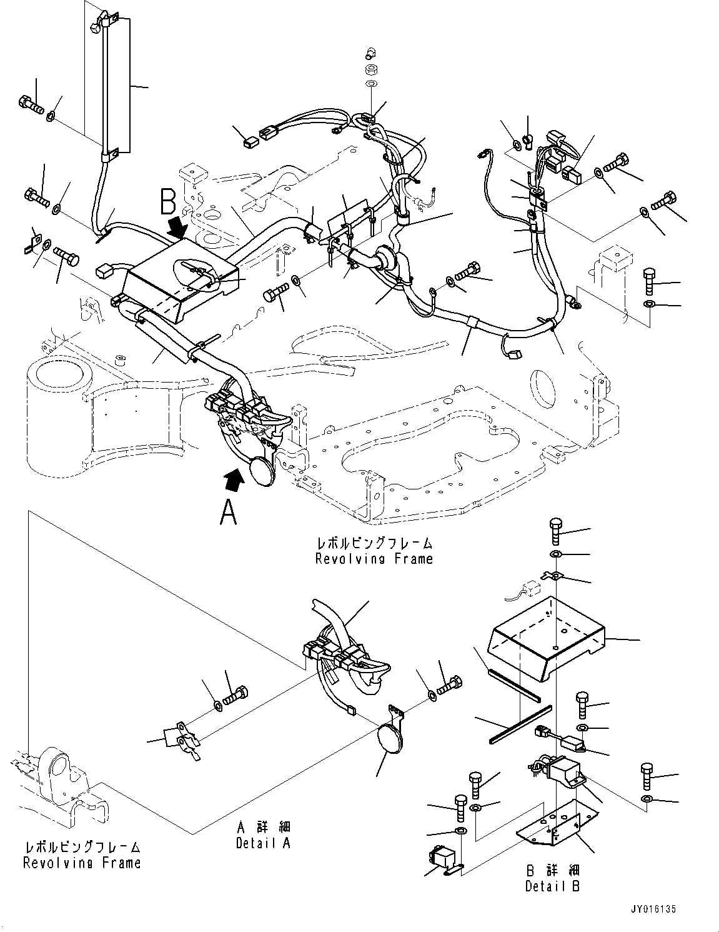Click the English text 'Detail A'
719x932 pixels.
click(x=263, y=843)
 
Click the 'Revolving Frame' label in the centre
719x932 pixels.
click(x=374, y=558)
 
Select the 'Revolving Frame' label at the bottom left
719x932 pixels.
click(x=82, y=863)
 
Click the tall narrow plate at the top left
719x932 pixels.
click(x=116, y=84)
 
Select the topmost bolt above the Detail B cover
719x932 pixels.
click(x=556, y=531)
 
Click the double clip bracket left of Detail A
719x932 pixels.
click(x=181, y=738)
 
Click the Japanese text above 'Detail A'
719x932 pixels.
click(x=263, y=828)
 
